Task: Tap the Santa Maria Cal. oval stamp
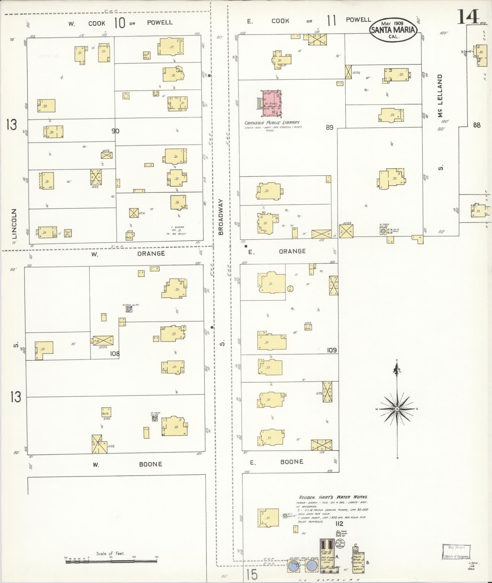[x=393, y=30]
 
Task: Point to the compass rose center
[x=397, y=409]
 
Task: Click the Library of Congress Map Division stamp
[x=456, y=552]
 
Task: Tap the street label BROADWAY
[x=221, y=217]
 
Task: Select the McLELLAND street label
[x=440, y=95]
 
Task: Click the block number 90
[x=115, y=131]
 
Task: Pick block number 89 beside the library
[x=329, y=127]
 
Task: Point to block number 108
[x=115, y=354]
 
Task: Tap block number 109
[x=332, y=350]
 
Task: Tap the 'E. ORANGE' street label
[x=277, y=251]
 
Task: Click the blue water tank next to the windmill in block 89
[x=383, y=231]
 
